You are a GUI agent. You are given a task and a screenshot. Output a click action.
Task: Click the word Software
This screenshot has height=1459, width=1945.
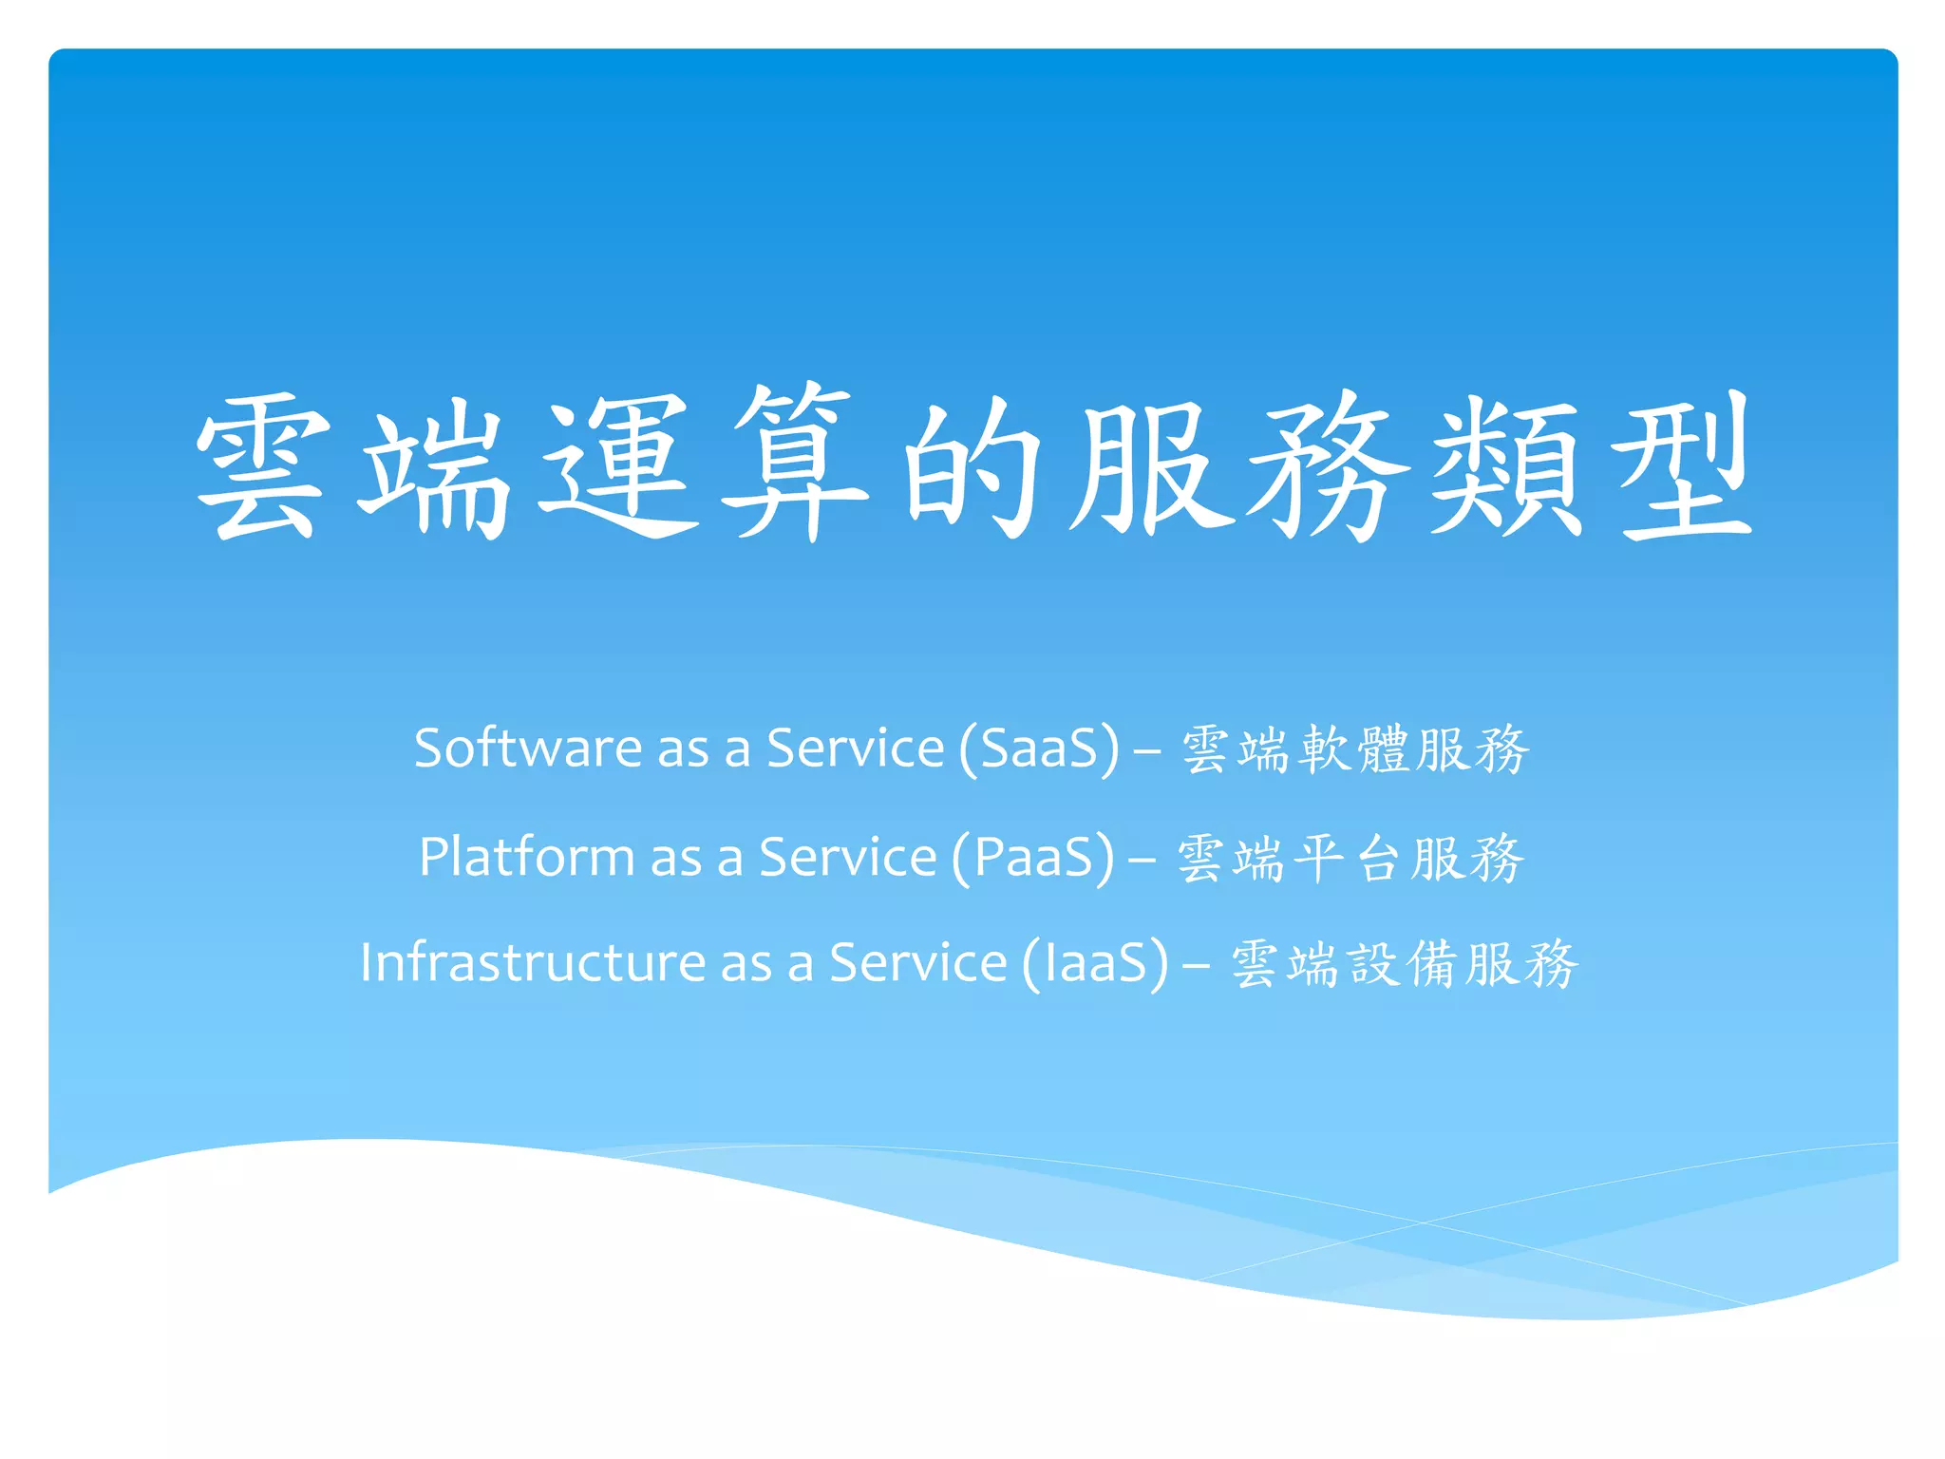click(x=528, y=748)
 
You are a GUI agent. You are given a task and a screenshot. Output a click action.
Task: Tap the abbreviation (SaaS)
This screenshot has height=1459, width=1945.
click(x=1039, y=749)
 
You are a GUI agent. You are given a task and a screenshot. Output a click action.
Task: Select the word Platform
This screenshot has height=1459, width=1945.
click(x=526, y=857)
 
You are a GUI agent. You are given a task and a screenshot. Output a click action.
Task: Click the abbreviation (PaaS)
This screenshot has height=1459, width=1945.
click(x=1032, y=859)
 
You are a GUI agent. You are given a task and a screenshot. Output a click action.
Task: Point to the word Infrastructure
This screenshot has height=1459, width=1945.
click(x=532, y=962)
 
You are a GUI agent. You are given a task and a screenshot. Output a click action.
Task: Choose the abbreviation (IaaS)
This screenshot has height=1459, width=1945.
click(x=1095, y=964)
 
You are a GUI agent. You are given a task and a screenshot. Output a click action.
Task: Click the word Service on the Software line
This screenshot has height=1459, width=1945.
click(x=855, y=748)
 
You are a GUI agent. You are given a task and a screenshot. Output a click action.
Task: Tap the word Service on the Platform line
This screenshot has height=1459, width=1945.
click(x=847, y=857)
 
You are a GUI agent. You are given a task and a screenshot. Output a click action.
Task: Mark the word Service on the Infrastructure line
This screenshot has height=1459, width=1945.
click(x=917, y=962)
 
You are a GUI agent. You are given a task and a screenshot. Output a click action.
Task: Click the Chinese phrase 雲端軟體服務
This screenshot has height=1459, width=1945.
click(x=1355, y=749)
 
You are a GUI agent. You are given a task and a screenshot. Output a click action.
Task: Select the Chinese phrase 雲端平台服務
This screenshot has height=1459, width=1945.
click(x=1350, y=859)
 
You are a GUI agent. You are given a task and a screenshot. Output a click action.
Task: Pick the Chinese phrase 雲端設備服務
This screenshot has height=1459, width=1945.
click(x=1405, y=964)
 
